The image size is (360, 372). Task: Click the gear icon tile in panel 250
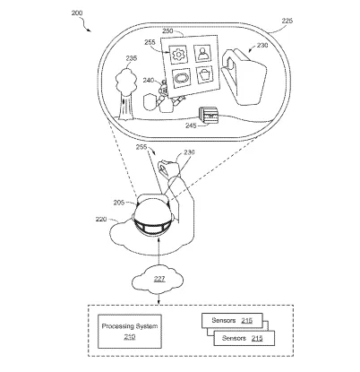(x=178, y=55)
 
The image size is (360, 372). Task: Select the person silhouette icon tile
(x=202, y=53)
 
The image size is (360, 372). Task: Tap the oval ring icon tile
(x=182, y=78)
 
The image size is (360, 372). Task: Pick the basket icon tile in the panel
(x=205, y=74)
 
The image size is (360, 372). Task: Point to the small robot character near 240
(x=168, y=96)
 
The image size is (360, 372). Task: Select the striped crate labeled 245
(x=209, y=115)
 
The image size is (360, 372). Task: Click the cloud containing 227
(x=158, y=280)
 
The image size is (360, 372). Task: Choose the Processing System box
(x=130, y=332)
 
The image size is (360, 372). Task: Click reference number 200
(x=77, y=13)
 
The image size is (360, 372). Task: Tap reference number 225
(x=287, y=21)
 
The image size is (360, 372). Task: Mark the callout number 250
(x=167, y=31)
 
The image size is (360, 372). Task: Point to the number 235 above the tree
(x=132, y=58)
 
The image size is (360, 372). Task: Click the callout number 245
(x=191, y=125)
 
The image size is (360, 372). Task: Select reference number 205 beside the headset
(x=119, y=203)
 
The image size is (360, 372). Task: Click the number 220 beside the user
(x=101, y=220)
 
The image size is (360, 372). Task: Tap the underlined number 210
(x=130, y=337)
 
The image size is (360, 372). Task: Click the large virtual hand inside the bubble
(x=244, y=76)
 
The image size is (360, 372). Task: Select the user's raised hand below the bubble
(x=168, y=169)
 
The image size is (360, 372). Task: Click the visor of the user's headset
(x=153, y=227)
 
